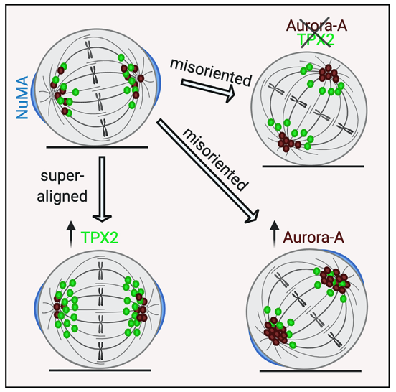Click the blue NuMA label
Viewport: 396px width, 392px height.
[x=22, y=98]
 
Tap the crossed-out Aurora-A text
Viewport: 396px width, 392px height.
[x=316, y=26]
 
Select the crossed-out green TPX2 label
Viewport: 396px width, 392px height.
[x=316, y=39]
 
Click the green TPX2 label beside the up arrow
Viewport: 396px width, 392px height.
[x=100, y=238]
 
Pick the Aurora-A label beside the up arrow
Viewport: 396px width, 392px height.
[x=313, y=238]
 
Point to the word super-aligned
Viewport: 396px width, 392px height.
[x=62, y=186]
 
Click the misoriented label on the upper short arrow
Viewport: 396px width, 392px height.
[x=211, y=73]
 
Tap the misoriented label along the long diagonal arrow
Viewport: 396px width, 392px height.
[x=215, y=159]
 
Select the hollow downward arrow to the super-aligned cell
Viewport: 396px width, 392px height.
[x=102, y=189]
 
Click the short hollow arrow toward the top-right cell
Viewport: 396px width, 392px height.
[x=208, y=90]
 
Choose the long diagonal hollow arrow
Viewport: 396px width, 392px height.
[x=208, y=172]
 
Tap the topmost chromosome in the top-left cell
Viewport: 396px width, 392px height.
[x=88, y=50]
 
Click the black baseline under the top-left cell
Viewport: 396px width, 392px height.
[x=98, y=147]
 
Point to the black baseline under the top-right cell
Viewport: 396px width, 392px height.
[x=313, y=167]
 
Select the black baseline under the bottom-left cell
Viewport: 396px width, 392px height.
[x=100, y=370]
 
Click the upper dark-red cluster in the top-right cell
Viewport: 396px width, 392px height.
[x=329, y=74]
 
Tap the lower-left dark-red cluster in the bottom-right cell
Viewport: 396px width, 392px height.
[x=275, y=332]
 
